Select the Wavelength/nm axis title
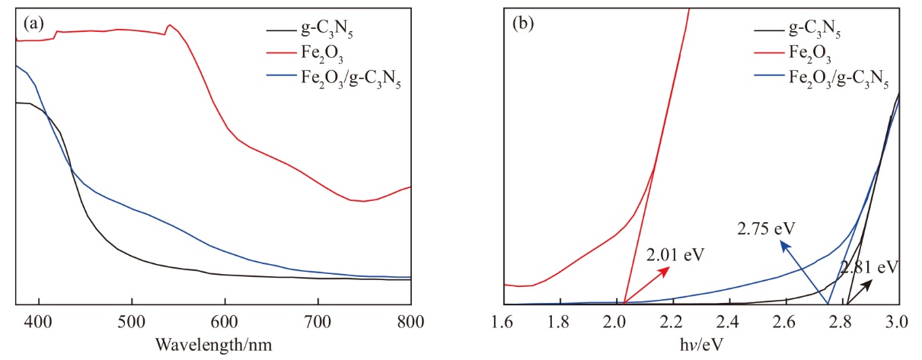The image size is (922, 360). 213,345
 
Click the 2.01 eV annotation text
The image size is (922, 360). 672,254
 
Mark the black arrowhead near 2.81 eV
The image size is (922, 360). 872,281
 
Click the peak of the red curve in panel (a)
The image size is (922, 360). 170,24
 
